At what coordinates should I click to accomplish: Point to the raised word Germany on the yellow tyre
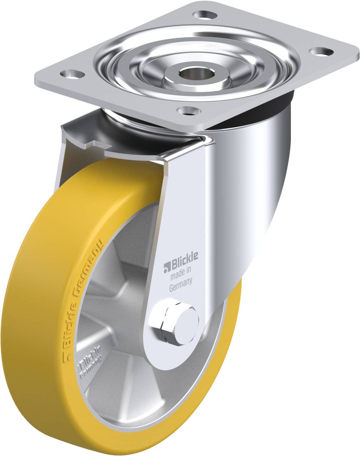(x=88, y=267)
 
